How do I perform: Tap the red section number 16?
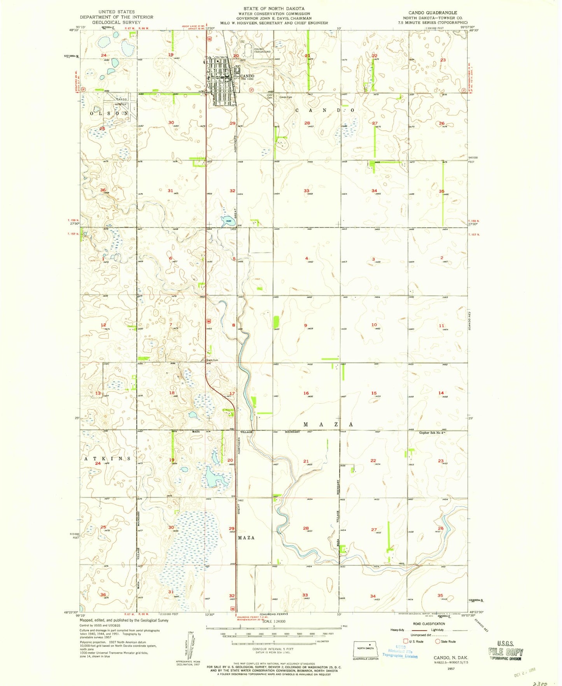[x=306, y=393]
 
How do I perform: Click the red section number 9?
[x=306, y=325]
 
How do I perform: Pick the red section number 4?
[x=306, y=258]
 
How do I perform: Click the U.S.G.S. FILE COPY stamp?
[x=505, y=651]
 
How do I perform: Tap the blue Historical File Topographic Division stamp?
[x=400, y=653]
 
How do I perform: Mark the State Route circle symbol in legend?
[x=437, y=641]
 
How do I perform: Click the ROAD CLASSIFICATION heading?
[x=429, y=623]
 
